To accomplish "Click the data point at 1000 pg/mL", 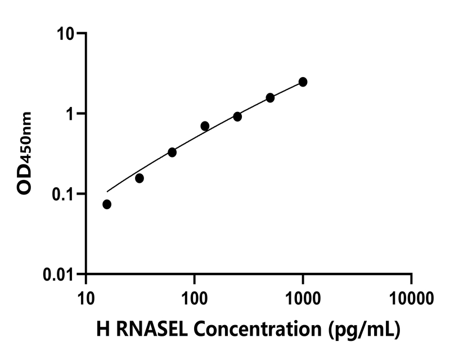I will tap(303, 82).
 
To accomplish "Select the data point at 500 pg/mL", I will tap(270, 98).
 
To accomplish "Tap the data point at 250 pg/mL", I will tap(237, 116).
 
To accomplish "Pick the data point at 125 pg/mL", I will tap(205, 126).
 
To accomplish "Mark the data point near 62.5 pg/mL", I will tap(172, 152).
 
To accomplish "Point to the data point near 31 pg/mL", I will tap(139, 178).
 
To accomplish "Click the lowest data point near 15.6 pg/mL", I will tap(107, 204).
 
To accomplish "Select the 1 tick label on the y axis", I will tap(70, 114).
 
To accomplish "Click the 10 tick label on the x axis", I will tap(85, 295).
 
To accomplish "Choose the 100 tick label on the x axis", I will tap(194, 295).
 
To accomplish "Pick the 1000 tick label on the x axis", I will tap(303, 295).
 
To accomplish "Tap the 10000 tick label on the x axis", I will tap(411, 295).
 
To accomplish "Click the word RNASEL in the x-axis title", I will tap(145, 330).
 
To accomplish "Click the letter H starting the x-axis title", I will tap(103, 330).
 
